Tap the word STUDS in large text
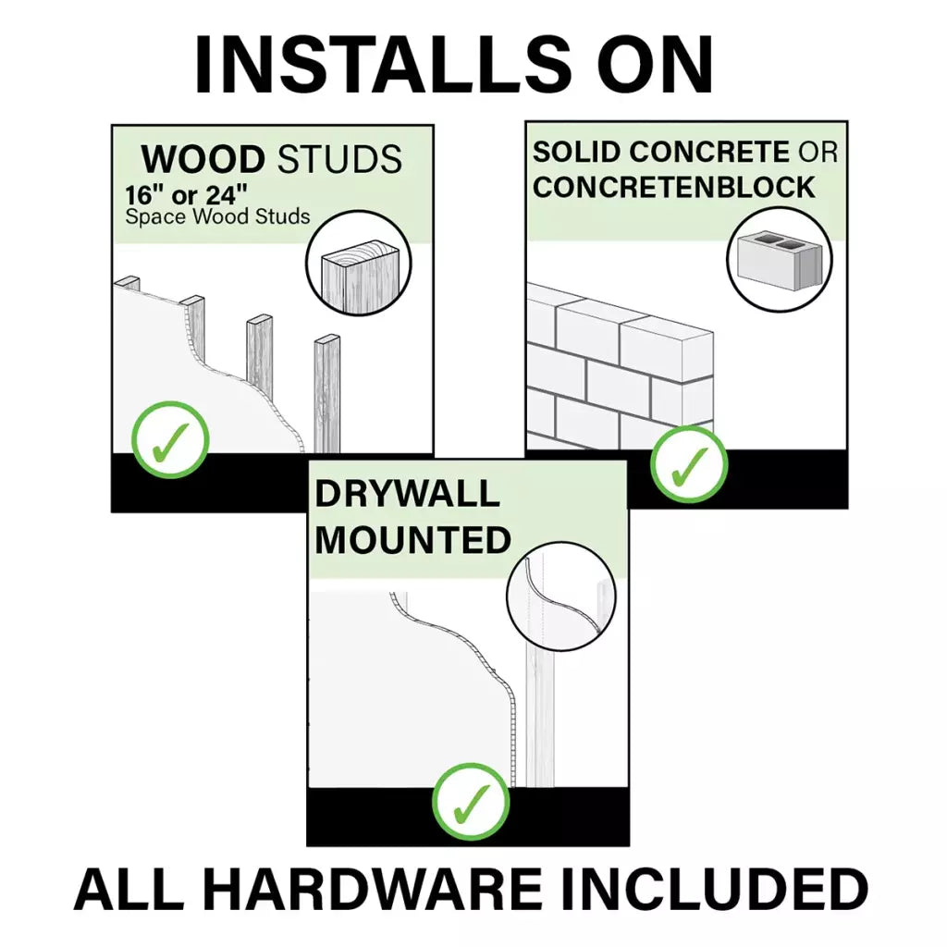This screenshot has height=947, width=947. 338,160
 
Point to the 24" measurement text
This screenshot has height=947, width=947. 224,197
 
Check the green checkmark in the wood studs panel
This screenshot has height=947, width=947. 170,439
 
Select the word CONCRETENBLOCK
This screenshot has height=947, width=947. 674,187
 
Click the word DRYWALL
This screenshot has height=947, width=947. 407,494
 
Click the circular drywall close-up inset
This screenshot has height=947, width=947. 562,596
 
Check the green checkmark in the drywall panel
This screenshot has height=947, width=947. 472,801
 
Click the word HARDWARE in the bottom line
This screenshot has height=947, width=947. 373,890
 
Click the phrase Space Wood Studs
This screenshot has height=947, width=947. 217,218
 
